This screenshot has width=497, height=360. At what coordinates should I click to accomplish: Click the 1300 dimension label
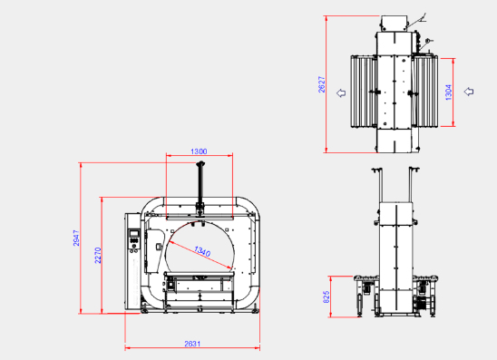(x=199, y=151)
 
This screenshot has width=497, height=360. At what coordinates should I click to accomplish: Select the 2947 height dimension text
(x=76, y=238)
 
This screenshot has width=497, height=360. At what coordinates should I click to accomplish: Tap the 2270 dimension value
(x=98, y=255)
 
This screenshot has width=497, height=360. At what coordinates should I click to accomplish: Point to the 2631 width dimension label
(x=192, y=344)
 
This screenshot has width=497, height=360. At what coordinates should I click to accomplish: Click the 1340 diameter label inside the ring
(x=202, y=251)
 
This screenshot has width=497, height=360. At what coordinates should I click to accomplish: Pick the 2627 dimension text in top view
(x=322, y=84)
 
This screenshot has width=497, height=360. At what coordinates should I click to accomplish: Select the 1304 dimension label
(x=449, y=92)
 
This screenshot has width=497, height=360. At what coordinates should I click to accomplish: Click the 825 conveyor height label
(x=326, y=297)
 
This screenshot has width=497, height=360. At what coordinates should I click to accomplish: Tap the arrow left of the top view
(x=341, y=92)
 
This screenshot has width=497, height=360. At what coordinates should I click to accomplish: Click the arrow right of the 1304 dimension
(x=469, y=92)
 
